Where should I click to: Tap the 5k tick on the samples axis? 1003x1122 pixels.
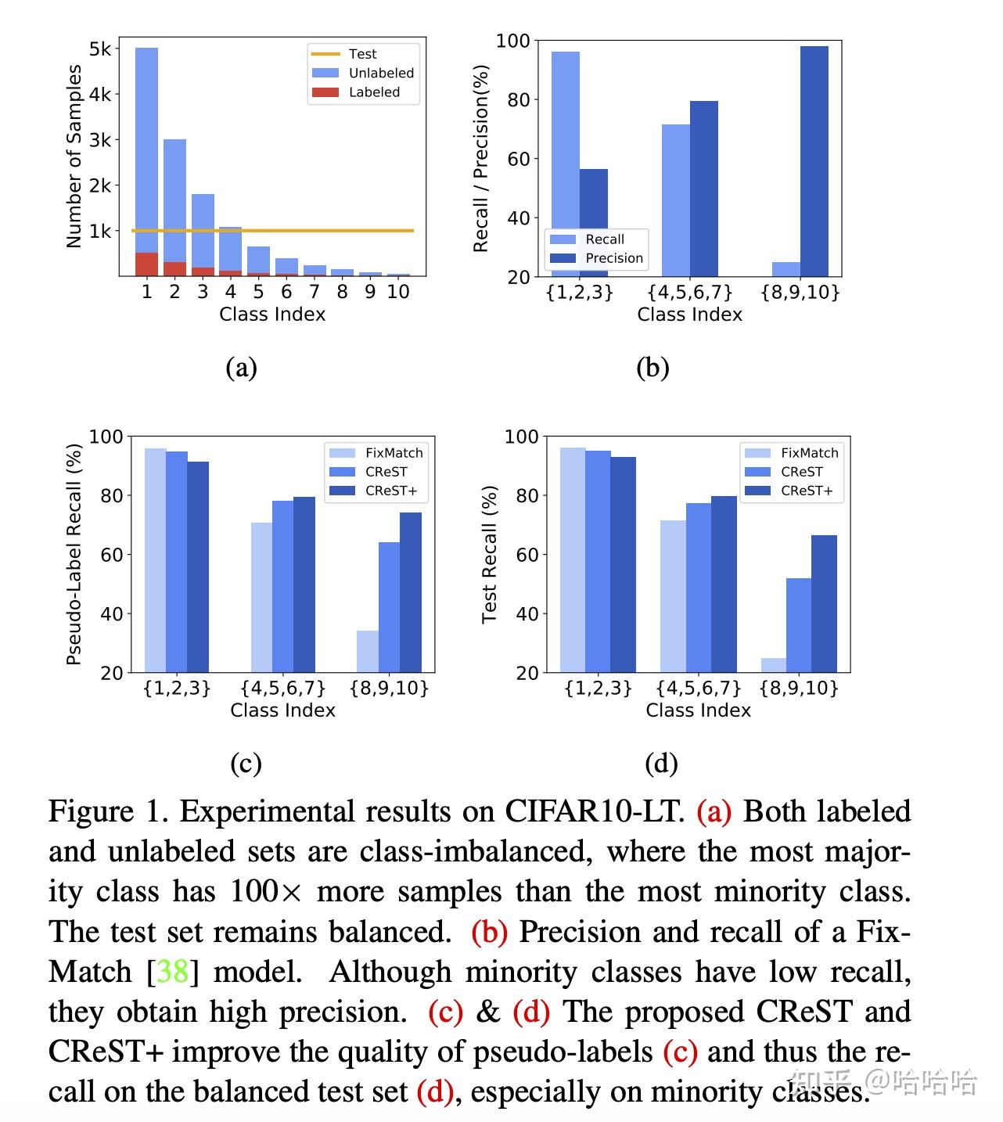coord(100,49)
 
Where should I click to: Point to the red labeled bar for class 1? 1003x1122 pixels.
coord(146,264)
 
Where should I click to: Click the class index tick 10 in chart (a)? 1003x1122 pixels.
coord(398,292)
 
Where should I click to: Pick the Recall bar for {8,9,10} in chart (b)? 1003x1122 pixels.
coord(786,269)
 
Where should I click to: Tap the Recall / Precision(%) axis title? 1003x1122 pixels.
coord(480,158)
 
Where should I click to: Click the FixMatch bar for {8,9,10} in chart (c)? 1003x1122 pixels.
coord(367,651)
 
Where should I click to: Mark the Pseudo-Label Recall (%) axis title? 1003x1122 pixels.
coord(74,554)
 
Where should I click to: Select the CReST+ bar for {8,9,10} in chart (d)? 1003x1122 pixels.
coord(824,603)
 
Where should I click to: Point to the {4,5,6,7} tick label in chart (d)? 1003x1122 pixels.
coord(698,688)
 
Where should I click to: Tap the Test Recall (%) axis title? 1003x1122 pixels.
coord(489,554)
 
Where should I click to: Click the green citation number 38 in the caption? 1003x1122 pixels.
coord(173,972)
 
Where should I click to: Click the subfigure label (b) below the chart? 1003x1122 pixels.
coord(652,367)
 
